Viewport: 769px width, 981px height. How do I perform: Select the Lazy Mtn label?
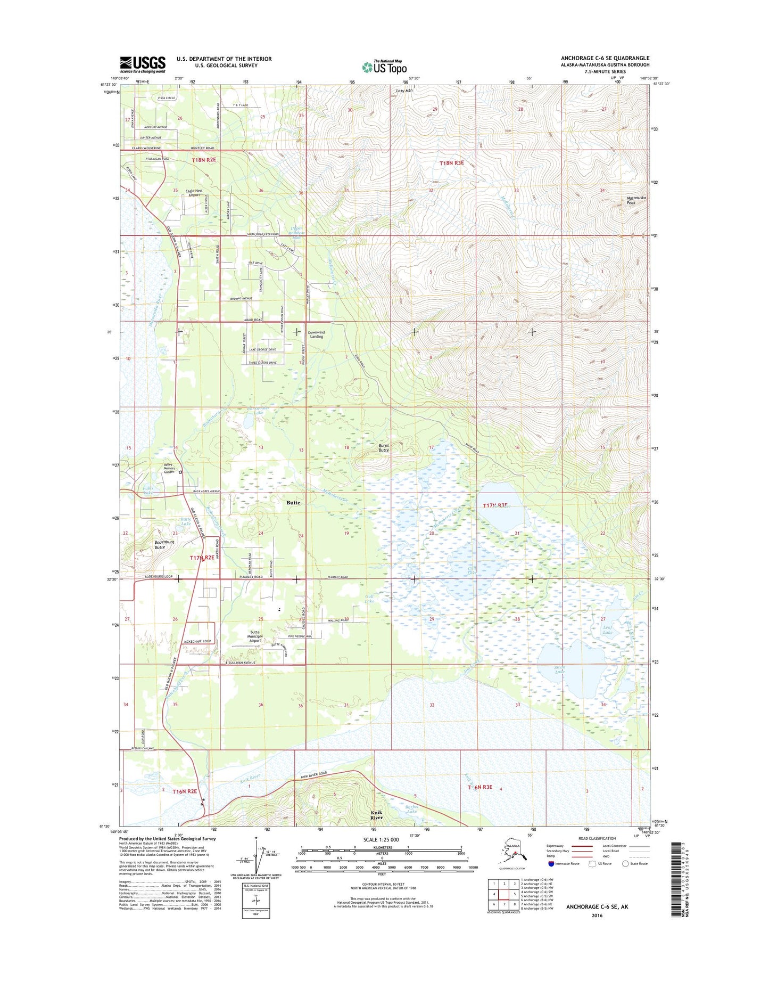(404, 91)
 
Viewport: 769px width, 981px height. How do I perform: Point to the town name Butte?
(293, 502)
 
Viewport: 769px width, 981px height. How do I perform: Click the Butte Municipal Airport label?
(255, 636)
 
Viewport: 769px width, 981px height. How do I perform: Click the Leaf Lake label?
(608, 630)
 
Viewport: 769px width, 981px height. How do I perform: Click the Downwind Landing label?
(316, 334)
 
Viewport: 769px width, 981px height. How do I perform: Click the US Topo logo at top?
(385, 67)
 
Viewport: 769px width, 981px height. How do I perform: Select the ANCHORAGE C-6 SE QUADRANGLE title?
(605, 58)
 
